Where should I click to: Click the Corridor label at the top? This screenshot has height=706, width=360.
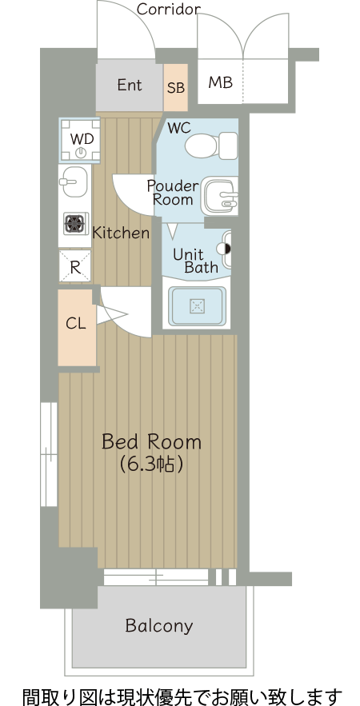pos(169,9)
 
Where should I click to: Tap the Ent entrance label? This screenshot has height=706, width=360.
pos(130,85)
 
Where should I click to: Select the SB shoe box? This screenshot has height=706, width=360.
pos(176,87)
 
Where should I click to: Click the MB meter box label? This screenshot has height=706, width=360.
pos(220,82)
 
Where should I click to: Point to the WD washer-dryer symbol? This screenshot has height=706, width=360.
pos(80,140)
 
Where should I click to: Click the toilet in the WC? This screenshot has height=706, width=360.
pos(211,145)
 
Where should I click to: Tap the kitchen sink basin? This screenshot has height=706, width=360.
pos(74,181)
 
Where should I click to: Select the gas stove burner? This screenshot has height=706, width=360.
pos(75,223)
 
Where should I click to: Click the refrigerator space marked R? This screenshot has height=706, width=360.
pos(74,266)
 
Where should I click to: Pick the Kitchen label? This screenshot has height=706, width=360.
pos(120,233)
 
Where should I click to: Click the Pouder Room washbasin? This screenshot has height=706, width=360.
pos(219,197)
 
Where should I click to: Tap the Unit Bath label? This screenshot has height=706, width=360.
pos(195,261)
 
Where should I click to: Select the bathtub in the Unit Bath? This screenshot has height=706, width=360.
pos(197,306)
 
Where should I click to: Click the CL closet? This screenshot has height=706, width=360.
pos(77,327)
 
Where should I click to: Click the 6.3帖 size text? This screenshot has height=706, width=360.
pos(151,465)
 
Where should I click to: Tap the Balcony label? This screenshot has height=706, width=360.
pos(159,625)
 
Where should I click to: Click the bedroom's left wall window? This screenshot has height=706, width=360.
pos(49,454)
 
